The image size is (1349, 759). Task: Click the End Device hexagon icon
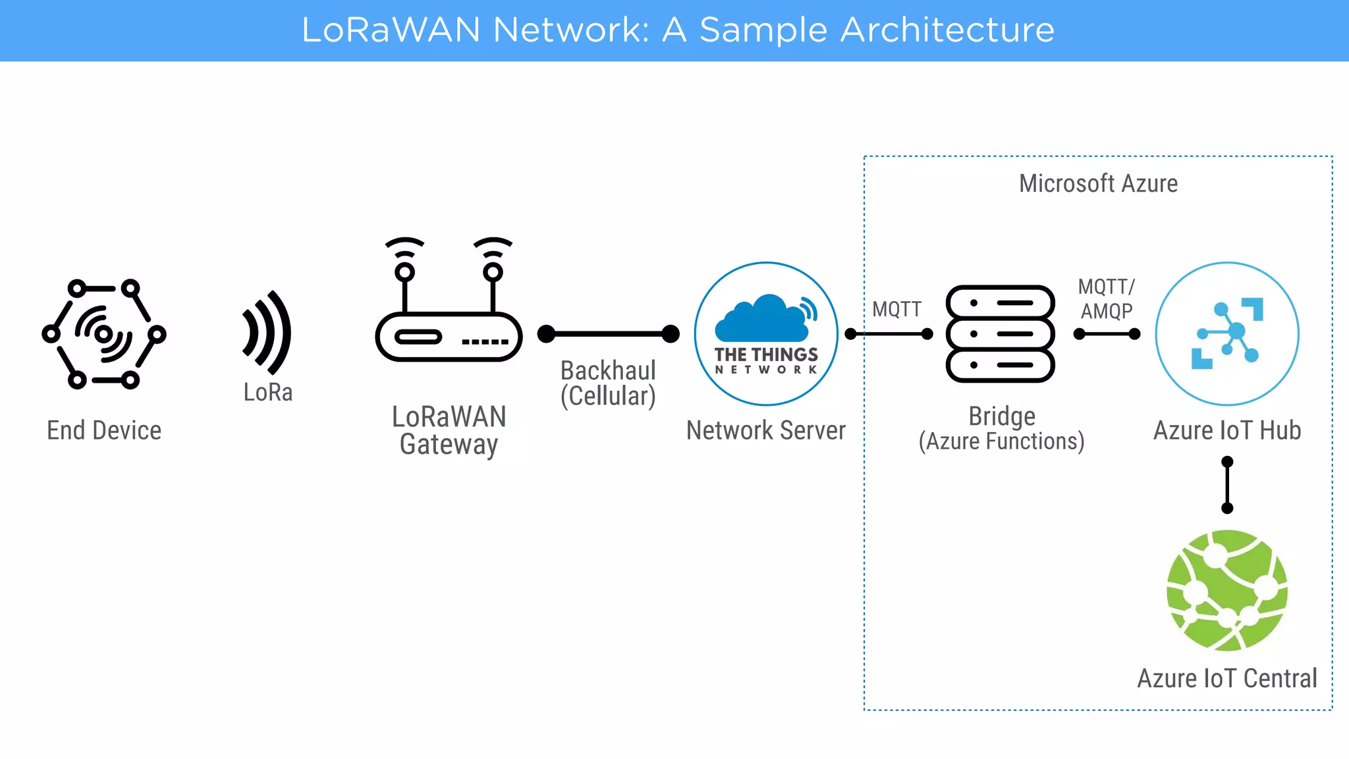104,333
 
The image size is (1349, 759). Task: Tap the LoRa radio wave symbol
267,333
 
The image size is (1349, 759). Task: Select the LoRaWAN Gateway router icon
449,336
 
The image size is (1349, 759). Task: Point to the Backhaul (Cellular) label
608,383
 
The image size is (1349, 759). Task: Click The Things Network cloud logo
766,333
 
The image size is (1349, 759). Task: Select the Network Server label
765,430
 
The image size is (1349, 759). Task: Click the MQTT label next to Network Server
896,309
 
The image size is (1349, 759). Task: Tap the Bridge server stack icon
1000,333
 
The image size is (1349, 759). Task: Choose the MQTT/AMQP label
1107,298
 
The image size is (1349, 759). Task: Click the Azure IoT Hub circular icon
1227,333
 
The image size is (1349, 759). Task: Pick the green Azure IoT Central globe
1227,590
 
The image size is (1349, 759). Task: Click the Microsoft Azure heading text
1098,183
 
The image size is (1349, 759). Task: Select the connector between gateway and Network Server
608,334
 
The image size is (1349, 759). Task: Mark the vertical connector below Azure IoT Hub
1227,485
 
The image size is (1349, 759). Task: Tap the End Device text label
104,430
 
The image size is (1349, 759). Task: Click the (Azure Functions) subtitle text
1001,441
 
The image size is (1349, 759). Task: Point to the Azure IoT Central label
1226,678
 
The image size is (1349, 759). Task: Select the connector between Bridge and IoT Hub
1107,334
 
